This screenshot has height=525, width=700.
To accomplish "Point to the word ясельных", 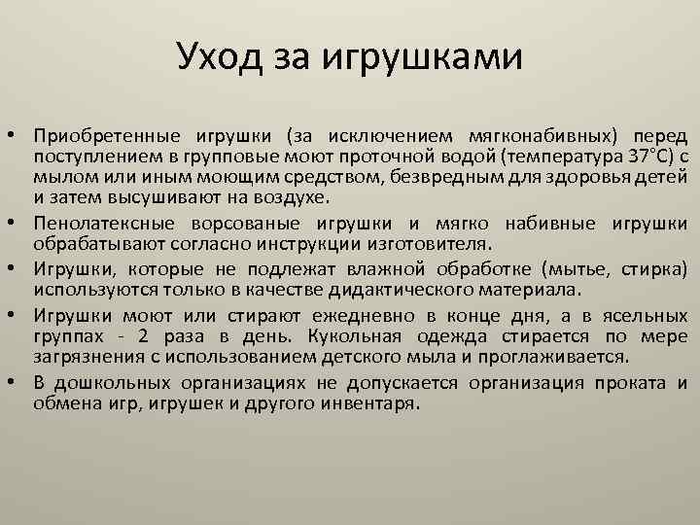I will [x=647, y=315].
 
